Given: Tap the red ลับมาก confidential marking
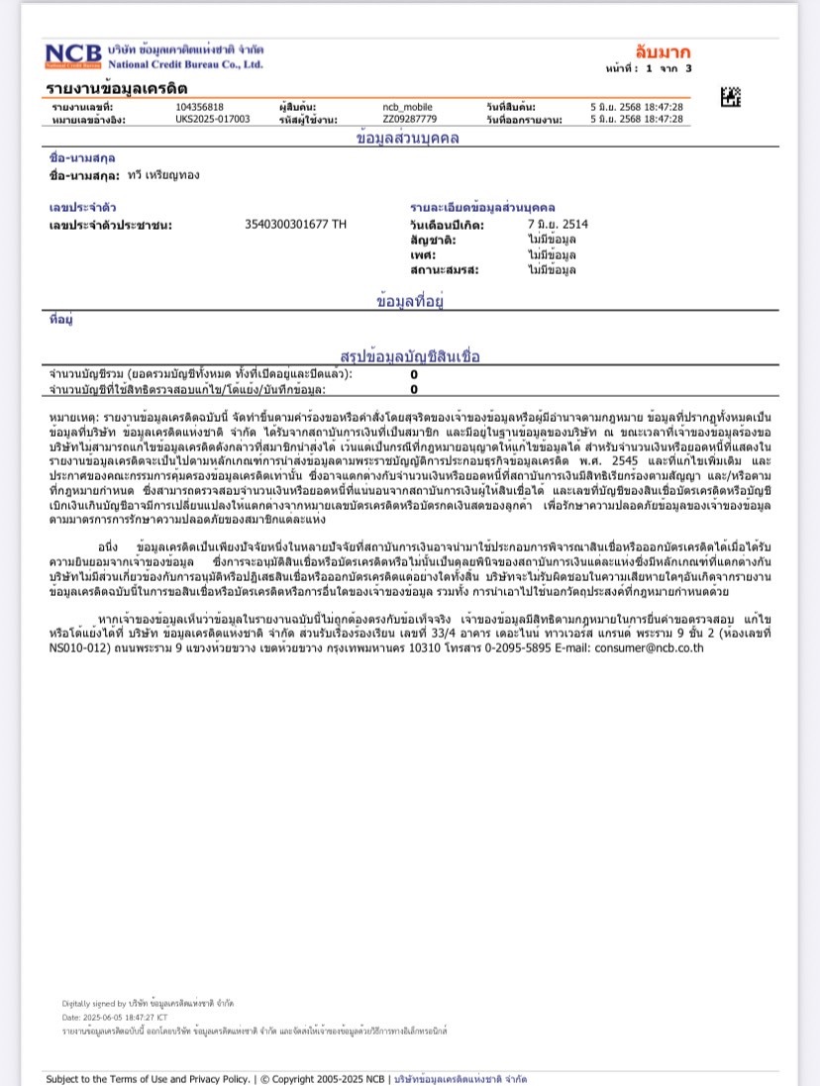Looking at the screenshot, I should pyautogui.click(x=663, y=51).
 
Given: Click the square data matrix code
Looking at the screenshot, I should pyautogui.click(x=731, y=97).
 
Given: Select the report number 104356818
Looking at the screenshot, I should pyautogui.click(x=199, y=107).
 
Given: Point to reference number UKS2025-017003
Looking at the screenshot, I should pyautogui.click(x=212, y=119).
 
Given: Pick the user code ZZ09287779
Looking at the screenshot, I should pyautogui.click(x=409, y=119).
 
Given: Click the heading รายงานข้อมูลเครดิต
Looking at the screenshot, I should pyautogui.click(x=117, y=89).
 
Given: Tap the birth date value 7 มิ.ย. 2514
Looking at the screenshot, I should pyautogui.click(x=558, y=225).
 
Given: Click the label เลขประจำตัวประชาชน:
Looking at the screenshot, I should pyautogui.click(x=110, y=225).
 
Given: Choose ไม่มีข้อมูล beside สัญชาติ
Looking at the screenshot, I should pyautogui.click(x=552, y=240).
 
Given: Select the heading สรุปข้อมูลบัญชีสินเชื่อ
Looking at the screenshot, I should pyautogui.click(x=409, y=356).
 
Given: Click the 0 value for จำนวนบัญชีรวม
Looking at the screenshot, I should pyautogui.click(x=414, y=374).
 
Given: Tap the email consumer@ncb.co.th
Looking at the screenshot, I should pyautogui.click(x=649, y=648).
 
